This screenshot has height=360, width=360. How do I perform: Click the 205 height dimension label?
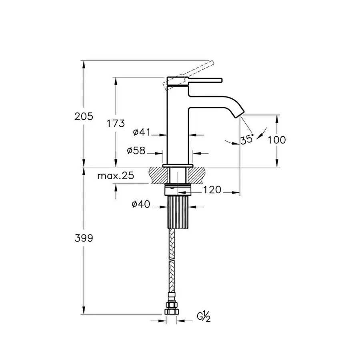[84, 116]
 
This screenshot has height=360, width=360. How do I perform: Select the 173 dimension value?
[116, 123]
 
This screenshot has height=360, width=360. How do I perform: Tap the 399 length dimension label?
[84, 238]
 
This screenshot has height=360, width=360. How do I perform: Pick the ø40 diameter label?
[140, 205]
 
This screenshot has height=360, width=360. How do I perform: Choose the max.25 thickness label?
[116, 176]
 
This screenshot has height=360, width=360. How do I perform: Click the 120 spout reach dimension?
[212, 190]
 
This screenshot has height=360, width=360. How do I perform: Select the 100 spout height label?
[277, 140]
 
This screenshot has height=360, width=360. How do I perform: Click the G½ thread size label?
[204, 318]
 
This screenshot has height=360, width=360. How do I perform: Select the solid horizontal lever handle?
[200, 81]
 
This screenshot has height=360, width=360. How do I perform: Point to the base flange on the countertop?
[178, 165]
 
